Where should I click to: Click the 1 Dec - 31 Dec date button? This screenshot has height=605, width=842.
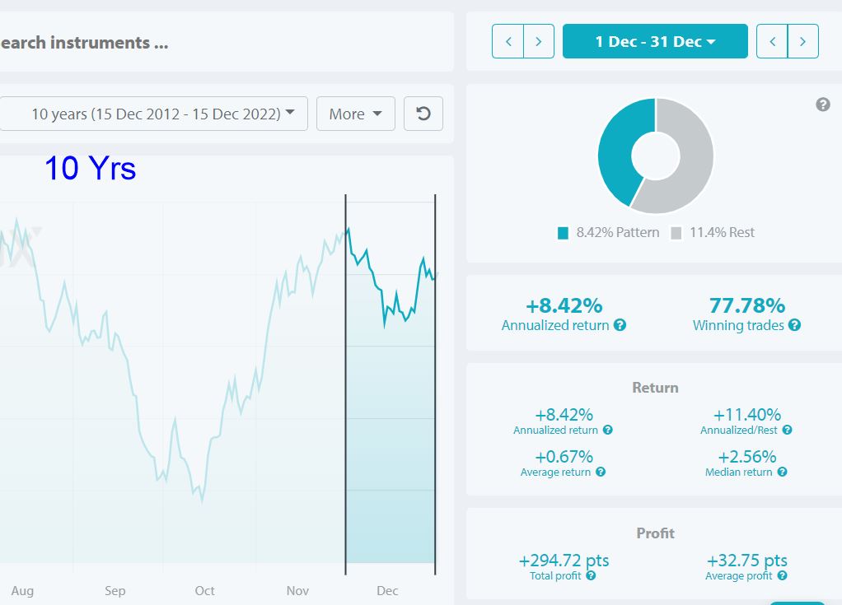655,41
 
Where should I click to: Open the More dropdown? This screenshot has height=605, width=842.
355,114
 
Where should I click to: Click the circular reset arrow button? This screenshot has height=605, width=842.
423,114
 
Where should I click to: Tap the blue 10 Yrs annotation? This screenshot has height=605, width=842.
91,168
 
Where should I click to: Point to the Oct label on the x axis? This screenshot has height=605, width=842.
204,590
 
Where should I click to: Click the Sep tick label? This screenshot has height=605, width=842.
115,590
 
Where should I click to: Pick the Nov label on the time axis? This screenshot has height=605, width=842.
297,590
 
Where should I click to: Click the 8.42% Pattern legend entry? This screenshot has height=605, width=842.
608,233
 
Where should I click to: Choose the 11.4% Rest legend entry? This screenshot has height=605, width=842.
713,233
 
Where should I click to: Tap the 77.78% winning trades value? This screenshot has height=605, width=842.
747,305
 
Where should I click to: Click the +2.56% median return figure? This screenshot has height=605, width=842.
747,457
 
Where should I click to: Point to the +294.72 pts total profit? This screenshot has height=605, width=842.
564,561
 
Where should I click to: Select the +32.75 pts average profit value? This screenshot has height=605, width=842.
747,561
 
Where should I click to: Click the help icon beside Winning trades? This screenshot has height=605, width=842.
795,325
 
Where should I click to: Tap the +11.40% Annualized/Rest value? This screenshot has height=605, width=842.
747,415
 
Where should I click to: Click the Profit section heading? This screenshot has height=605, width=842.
655,533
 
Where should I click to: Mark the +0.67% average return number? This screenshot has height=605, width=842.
564,457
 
